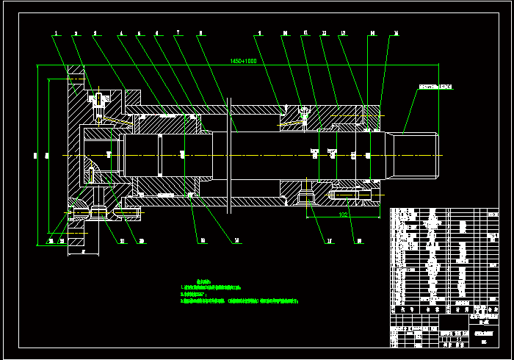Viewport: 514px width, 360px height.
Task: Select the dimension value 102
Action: pyautogui.click(x=343, y=215)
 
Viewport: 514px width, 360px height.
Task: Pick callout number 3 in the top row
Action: pyautogui.click(x=95, y=33)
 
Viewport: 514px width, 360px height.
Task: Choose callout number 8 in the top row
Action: pyautogui.click(x=200, y=33)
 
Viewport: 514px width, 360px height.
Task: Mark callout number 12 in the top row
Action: pyautogui.click(x=324, y=33)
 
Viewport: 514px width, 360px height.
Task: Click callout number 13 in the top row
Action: pyautogui.click(x=343, y=33)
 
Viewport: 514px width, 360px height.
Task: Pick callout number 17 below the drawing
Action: pyautogui.click(x=328, y=240)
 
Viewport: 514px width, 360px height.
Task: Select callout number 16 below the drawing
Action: pyautogui.click(x=358, y=240)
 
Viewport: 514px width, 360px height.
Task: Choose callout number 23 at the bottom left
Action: pyautogui.click(x=51, y=240)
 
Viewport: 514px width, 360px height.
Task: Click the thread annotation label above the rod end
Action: pyautogui.click(x=435, y=87)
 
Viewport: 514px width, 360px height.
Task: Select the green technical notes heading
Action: pyautogui.click(x=192, y=281)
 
